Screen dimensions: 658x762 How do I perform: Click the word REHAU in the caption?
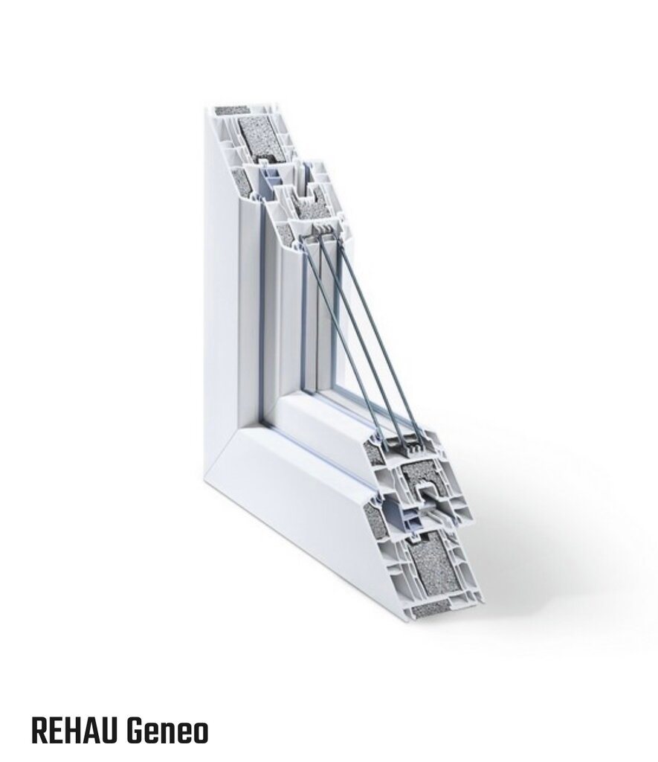(75, 731)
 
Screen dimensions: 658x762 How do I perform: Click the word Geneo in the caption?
(168, 731)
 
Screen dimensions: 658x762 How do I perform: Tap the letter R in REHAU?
(40, 731)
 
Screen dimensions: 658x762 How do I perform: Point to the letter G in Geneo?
(136, 731)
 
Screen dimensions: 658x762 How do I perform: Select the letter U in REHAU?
(110, 731)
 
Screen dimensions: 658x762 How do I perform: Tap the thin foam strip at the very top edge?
(231, 110)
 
